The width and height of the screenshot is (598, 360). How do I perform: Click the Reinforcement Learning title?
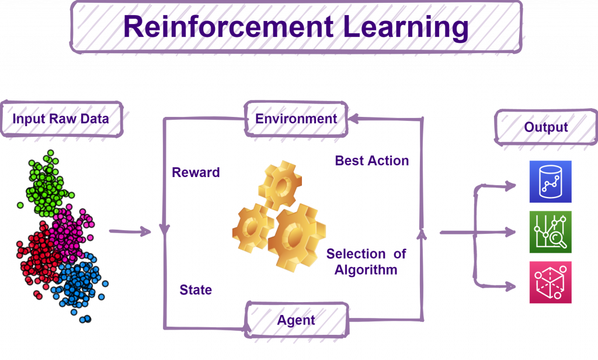[x=296, y=27]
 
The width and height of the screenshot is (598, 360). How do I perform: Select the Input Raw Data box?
[x=61, y=119]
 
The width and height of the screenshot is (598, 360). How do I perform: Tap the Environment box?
[x=296, y=119]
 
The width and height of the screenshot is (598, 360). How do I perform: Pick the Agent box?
[x=297, y=320]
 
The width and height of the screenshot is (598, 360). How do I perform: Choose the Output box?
[x=545, y=127]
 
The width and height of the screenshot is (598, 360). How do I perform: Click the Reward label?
[x=196, y=172]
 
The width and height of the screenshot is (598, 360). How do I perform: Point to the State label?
[x=196, y=290]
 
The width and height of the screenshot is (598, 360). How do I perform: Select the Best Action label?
[x=372, y=161]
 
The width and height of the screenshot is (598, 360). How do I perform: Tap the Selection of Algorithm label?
[x=366, y=262]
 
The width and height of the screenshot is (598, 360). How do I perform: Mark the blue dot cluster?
[x=79, y=284]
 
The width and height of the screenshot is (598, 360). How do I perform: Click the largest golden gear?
[x=296, y=237]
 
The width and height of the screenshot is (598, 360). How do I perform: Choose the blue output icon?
[x=550, y=181]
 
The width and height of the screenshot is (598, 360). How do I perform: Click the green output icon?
[x=550, y=232]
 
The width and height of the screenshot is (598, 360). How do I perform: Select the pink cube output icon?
[x=550, y=282]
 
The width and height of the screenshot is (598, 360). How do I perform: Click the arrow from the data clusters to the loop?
[x=130, y=231]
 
